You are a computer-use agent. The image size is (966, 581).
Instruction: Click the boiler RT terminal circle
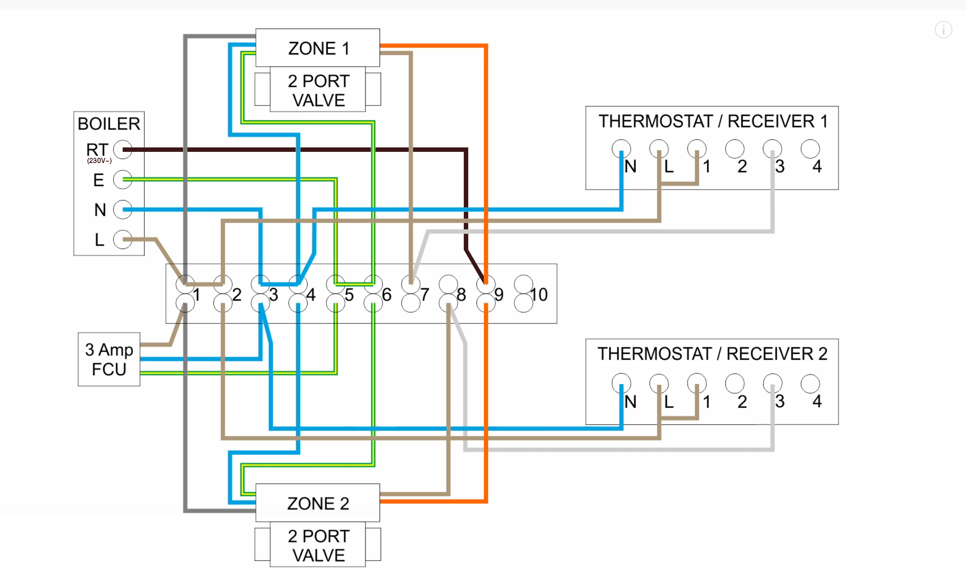[123, 149]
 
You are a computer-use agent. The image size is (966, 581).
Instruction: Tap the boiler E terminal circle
[123, 180]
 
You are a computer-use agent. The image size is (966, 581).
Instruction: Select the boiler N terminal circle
[123, 209]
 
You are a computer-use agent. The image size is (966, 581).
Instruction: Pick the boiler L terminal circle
[123, 240]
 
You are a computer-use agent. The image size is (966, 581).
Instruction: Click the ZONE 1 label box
[318, 48]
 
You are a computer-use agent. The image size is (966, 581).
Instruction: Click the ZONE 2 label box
[318, 503]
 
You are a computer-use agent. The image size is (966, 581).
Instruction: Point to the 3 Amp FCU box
[109, 359]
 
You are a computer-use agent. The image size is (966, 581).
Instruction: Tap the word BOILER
[109, 124]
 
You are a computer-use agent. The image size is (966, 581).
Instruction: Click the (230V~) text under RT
[99, 161]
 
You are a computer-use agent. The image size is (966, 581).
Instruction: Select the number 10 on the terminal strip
[539, 295]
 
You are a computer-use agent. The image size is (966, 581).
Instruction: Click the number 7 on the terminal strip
[425, 295]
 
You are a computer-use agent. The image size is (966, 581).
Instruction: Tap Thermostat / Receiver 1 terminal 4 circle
[810, 149]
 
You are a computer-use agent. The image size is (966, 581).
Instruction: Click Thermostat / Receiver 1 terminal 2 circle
[735, 149]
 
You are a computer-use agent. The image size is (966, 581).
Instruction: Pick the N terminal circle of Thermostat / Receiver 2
[621, 384]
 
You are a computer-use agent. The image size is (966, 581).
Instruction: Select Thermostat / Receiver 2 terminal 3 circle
[772, 384]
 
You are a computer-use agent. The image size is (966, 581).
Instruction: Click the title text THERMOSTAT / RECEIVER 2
[712, 354]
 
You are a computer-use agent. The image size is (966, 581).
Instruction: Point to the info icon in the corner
[943, 29]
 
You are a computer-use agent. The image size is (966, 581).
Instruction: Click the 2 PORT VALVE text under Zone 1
[318, 91]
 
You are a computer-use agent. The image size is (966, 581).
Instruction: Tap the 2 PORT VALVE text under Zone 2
[318, 546]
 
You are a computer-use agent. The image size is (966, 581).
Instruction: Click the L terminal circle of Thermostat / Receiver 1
[659, 149]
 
